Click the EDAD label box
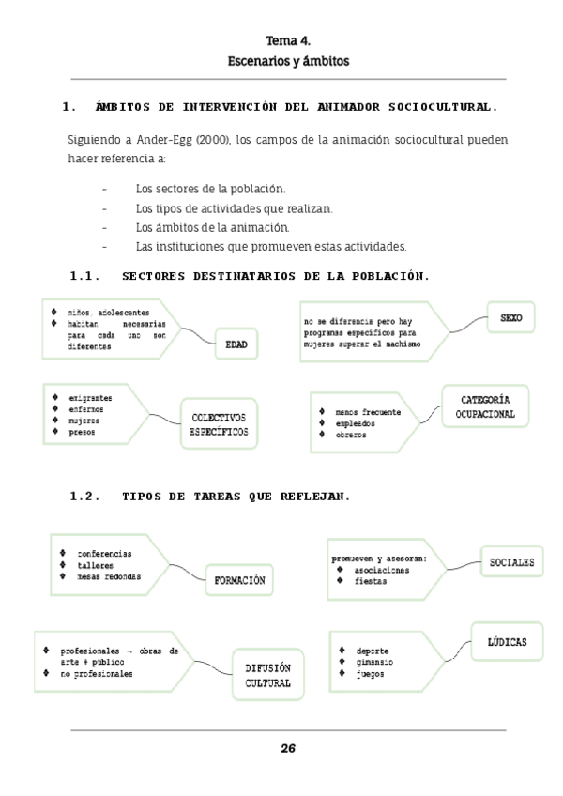236,344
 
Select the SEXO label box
511,319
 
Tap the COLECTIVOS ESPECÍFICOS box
220,423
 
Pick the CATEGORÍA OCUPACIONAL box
485,406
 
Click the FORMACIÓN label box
239,581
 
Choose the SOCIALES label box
512,562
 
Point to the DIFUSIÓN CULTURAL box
268,675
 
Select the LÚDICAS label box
507,642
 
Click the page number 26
288,748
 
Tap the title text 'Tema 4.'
288,41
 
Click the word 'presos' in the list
82,433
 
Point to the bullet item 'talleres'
95,565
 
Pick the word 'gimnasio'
375,662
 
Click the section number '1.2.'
84,497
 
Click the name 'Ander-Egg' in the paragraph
131,140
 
